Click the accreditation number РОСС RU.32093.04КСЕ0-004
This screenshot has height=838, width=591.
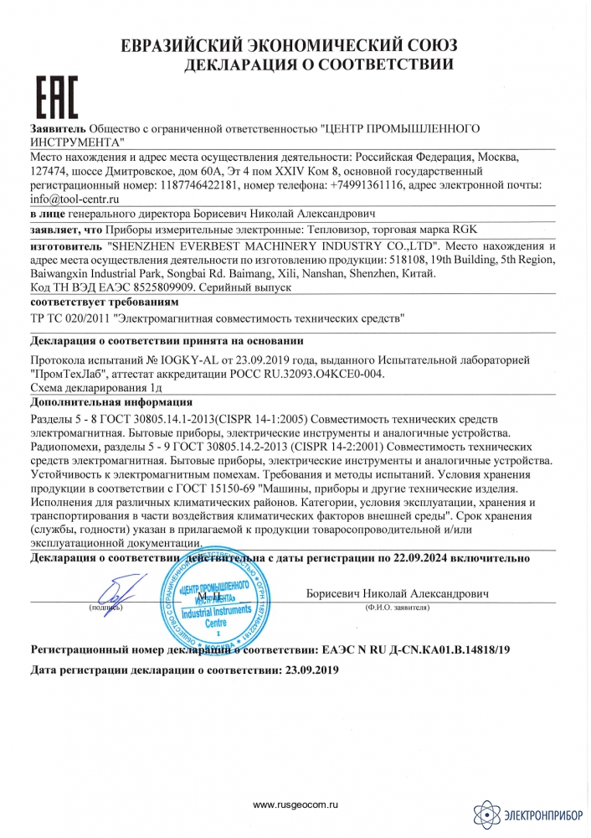pos(316,374)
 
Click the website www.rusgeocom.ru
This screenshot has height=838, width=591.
pos(295,805)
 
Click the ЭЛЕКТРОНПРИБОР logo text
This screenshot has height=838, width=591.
pos(543,812)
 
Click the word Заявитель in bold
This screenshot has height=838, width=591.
pos(57,131)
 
